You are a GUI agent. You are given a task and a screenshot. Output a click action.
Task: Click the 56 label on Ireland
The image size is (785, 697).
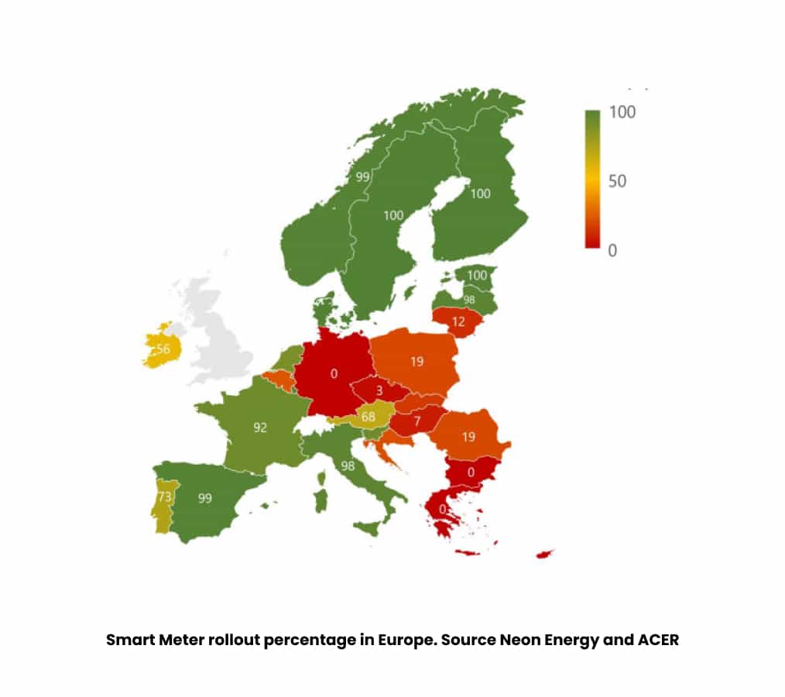pyautogui.click(x=163, y=349)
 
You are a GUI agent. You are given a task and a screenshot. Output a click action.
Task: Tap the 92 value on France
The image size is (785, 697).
pyautogui.click(x=260, y=427)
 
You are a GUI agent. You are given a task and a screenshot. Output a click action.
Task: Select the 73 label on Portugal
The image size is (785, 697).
pyautogui.click(x=164, y=497)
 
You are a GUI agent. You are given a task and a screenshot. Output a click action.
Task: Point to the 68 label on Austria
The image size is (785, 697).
pyautogui.click(x=368, y=417)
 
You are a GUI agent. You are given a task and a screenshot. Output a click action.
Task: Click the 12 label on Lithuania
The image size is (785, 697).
pyautogui.click(x=458, y=321)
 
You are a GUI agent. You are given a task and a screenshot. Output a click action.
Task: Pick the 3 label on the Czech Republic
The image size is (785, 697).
pyautogui.click(x=379, y=390)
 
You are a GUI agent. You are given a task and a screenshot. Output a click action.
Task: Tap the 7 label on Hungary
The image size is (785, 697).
pyautogui.click(x=416, y=421)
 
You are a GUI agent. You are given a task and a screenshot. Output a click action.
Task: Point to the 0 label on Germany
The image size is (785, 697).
pyautogui.click(x=334, y=373)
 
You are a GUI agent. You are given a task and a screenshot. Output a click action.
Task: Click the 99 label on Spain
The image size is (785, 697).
pyautogui.click(x=204, y=498)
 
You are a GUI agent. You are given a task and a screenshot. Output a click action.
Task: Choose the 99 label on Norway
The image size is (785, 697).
pyautogui.click(x=362, y=177)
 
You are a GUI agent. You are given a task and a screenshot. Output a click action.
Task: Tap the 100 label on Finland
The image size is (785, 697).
pyautogui.click(x=481, y=194)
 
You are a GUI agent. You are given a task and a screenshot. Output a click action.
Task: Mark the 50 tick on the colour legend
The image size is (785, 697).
pyautogui.click(x=617, y=181)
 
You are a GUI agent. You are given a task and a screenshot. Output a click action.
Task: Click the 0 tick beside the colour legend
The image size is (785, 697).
pyautogui.click(x=612, y=251)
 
